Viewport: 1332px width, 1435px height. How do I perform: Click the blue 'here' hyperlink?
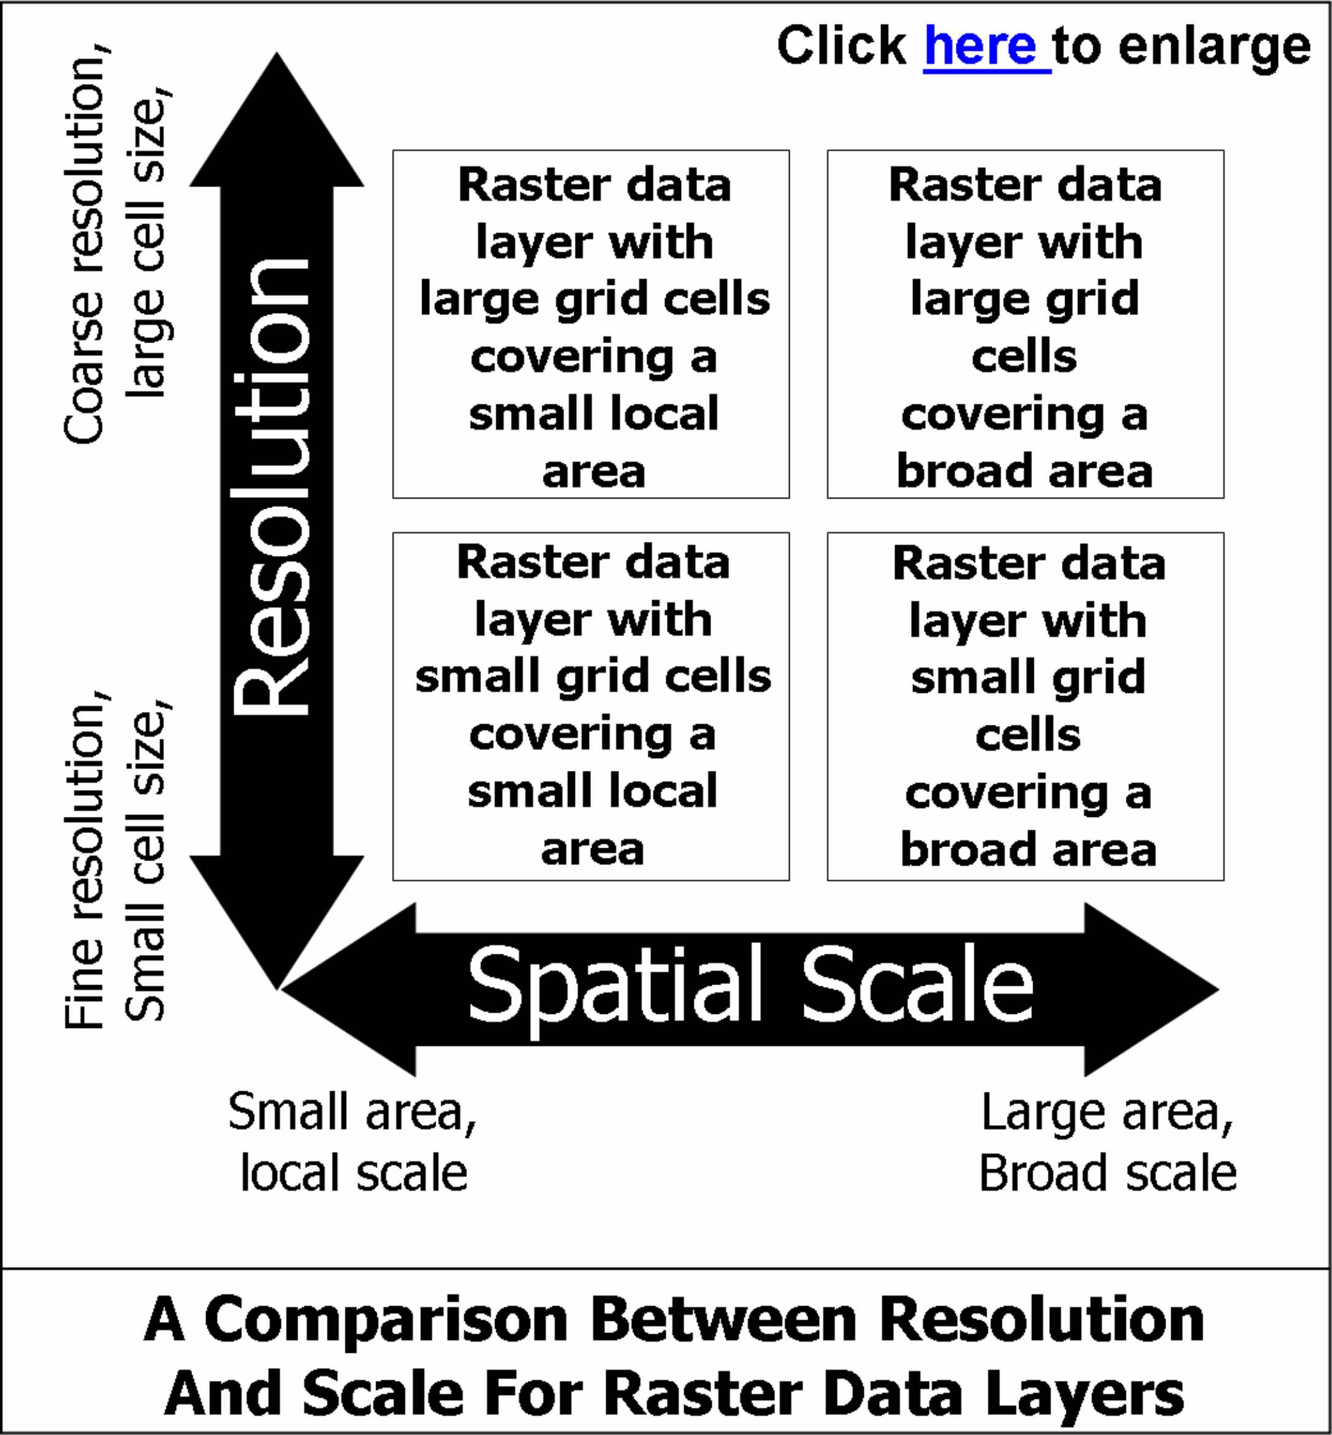point(985,46)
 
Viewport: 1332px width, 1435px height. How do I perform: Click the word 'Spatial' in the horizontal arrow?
point(614,985)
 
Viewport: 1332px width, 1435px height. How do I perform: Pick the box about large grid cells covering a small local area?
point(591,325)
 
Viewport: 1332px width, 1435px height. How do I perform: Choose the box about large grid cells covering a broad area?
point(1025,325)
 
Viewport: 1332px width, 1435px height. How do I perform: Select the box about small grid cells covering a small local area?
point(591,706)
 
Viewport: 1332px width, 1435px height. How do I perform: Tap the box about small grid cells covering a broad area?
point(1025,706)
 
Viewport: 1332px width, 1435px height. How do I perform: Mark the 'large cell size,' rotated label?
point(147,245)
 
